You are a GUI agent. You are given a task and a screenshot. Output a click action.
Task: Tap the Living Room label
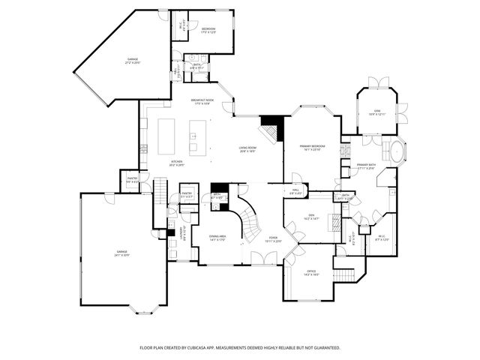pyautogui.click(x=248, y=149)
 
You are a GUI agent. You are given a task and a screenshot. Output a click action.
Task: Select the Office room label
pyautogui.click(x=311, y=272)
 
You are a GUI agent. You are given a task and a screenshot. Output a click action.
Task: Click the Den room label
pyautogui.click(x=311, y=217)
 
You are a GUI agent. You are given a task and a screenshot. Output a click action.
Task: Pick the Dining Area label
pyautogui.click(x=217, y=238)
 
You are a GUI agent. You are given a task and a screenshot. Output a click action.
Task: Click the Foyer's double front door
pyautogui.click(x=262, y=259)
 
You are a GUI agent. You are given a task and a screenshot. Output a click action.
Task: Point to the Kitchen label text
pyautogui.click(x=176, y=162)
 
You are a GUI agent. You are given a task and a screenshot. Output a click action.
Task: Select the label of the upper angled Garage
pyautogui.click(x=132, y=61)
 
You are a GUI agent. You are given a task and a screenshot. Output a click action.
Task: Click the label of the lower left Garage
pyautogui.click(x=121, y=253)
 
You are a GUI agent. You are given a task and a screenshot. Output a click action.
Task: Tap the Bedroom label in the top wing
pyautogui.click(x=208, y=29)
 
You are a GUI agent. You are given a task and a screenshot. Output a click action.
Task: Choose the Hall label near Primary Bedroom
pyautogui.click(x=296, y=190)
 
